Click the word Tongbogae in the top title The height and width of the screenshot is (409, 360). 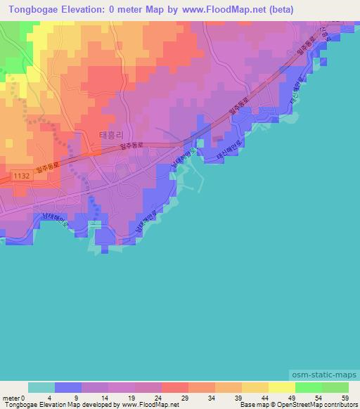pos(32,10)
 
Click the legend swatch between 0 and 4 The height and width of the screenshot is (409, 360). pos(41,387)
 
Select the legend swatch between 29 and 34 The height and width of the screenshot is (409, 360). pos(201,387)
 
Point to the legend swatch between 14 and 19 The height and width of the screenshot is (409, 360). pos(121,387)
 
